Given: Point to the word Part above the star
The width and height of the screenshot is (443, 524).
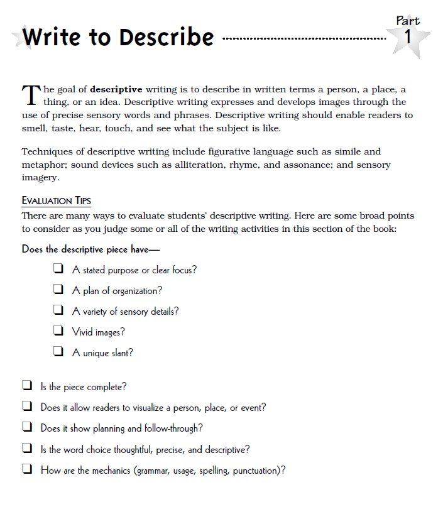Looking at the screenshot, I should coord(408,20).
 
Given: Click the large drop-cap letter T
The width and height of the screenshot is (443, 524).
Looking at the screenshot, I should coord(30,95).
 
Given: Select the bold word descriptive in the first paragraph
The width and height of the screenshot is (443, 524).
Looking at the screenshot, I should coord(116,89).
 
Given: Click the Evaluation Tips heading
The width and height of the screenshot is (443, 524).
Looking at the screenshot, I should coord(56,200).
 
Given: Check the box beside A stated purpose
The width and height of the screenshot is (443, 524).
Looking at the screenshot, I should coord(58,270).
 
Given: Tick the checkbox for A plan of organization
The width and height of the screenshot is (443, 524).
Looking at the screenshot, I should coord(58,290).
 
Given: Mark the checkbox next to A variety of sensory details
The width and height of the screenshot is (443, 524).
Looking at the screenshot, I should coord(58,310).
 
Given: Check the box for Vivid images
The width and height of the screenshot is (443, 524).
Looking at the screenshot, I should coord(58,331).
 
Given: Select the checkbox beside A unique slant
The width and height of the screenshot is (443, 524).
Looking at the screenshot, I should coord(58,352).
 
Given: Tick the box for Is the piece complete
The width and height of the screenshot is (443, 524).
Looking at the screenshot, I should coord(27,386).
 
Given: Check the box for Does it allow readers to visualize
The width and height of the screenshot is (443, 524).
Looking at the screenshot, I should coord(27,407).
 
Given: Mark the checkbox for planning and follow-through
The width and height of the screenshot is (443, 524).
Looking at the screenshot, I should coord(27,428).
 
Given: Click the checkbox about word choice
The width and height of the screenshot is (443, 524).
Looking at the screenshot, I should coord(27,449).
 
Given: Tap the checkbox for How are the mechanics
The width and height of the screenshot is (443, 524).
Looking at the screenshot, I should coord(27,469).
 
